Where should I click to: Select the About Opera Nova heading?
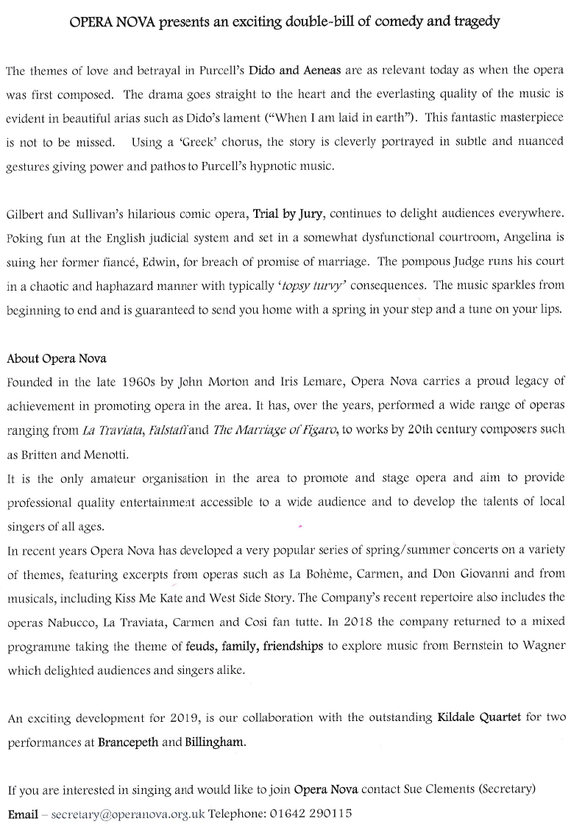[x=57, y=358]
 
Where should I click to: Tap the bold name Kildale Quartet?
[x=480, y=717]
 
